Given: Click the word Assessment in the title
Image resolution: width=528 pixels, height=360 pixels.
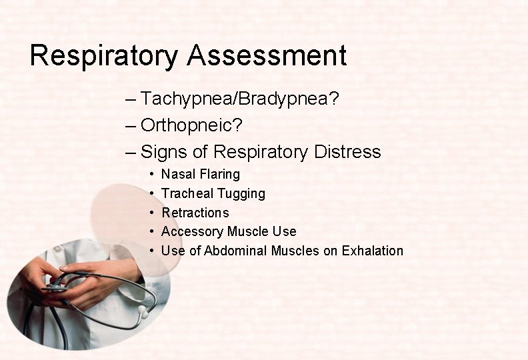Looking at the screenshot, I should coord(267,55).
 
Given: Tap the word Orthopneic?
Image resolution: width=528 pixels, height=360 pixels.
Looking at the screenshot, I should coord(191,125).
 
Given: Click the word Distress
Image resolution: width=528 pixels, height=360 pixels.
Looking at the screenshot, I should coord(344,152).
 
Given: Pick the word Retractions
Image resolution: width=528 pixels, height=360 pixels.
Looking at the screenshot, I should coord(195,213).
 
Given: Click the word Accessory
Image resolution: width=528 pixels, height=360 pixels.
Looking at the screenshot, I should coord(192,232).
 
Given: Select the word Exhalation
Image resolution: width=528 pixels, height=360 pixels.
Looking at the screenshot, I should coord(372,251).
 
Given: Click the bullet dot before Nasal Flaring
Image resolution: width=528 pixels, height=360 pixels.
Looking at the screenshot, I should coord(153,175).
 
